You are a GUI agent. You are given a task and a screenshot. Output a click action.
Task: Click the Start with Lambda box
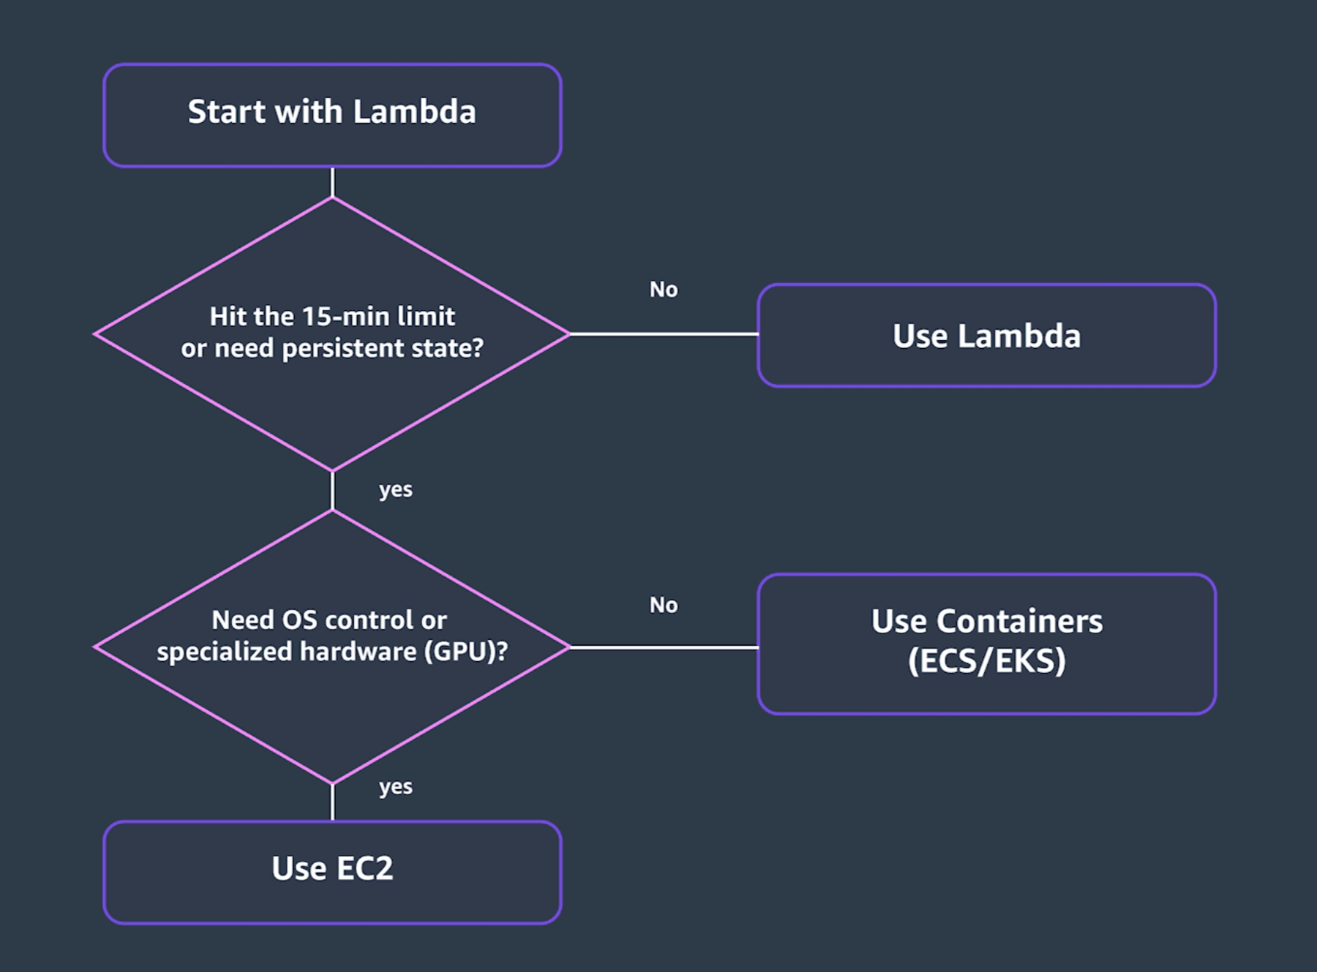pyautogui.click(x=332, y=115)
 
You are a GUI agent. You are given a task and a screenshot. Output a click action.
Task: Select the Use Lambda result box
pyautogui.click(x=986, y=335)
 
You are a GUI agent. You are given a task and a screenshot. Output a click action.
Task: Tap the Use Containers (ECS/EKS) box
pyautogui.click(x=986, y=644)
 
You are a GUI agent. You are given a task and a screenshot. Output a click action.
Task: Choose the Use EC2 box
pyautogui.click(x=332, y=873)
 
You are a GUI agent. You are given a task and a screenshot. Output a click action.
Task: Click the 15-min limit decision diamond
pyautogui.click(x=332, y=334)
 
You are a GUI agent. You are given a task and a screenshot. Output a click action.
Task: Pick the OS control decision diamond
pyautogui.click(x=332, y=647)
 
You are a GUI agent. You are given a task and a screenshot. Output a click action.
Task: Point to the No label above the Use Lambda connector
pyautogui.click(x=664, y=290)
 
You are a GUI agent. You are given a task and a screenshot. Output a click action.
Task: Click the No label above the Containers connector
pyautogui.click(x=664, y=605)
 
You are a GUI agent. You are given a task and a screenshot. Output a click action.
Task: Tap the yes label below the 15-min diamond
pyautogui.click(x=395, y=490)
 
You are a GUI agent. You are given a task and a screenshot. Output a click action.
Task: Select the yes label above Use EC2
pyautogui.click(x=395, y=787)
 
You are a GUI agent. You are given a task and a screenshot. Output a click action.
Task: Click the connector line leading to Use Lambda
pyautogui.click(x=664, y=334)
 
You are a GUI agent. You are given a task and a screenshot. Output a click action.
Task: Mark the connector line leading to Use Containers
pyautogui.click(x=664, y=647)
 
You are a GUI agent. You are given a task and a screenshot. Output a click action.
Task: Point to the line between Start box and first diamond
pyautogui.click(x=332, y=182)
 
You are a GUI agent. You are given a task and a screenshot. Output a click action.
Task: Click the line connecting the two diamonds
pyautogui.click(x=332, y=491)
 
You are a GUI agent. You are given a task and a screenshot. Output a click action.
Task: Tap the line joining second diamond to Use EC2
pyautogui.click(x=332, y=802)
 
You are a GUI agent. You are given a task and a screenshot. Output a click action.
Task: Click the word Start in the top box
pyautogui.click(x=227, y=112)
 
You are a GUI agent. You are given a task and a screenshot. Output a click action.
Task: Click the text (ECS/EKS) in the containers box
pyautogui.click(x=986, y=661)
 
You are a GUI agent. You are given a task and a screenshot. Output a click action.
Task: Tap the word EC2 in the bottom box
pyautogui.click(x=364, y=869)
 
